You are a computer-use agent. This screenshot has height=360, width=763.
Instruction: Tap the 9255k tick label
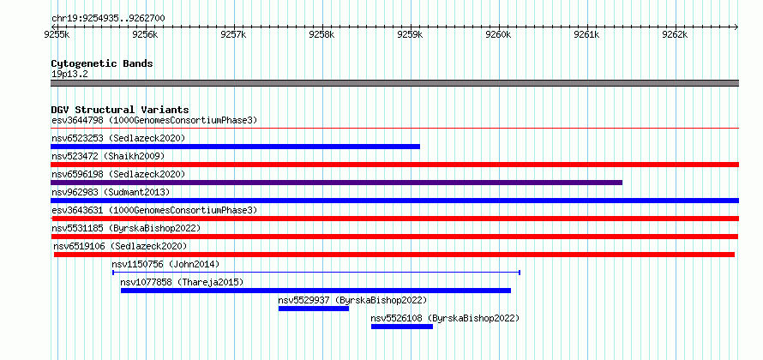click(57, 34)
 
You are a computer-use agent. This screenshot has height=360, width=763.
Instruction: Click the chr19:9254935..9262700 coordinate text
click(108, 19)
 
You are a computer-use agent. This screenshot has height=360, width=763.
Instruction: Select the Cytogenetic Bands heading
click(102, 63)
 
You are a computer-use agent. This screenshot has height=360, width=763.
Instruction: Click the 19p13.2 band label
click(69, 75)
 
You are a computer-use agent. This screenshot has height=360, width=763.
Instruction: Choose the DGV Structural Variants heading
click(120, 110)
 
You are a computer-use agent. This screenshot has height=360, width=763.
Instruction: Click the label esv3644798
click(78, 120)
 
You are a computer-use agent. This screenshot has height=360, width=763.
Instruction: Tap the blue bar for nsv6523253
click(235, 147)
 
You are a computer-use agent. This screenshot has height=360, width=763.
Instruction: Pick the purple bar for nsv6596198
click(336, 183)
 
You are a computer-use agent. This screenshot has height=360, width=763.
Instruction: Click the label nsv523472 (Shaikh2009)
click(108, 156)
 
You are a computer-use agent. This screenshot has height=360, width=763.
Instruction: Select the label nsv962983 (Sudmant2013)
click(111, 192)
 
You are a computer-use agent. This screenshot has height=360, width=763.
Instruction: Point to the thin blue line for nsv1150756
click(316, 273)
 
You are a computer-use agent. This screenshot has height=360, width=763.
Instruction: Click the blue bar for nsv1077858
click(315, 291)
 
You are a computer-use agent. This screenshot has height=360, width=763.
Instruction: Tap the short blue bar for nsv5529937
click(314, 309)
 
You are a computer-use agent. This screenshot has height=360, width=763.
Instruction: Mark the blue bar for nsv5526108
click(402, 327)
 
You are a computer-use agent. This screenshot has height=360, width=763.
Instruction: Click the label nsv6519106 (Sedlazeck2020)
click(120, 246)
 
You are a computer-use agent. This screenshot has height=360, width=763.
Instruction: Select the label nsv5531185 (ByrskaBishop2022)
click(126, 228)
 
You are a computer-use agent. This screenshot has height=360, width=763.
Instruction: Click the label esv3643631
click(78, 210)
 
